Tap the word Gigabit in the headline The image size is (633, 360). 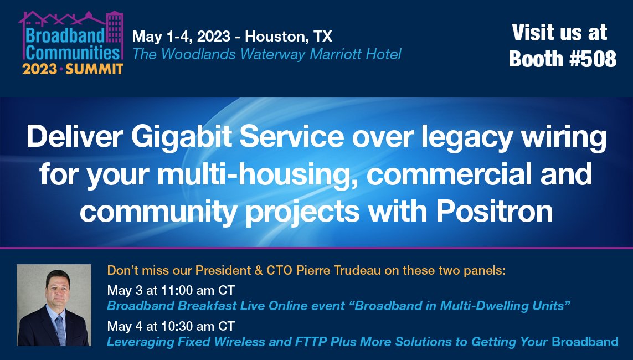tap(172, 137)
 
